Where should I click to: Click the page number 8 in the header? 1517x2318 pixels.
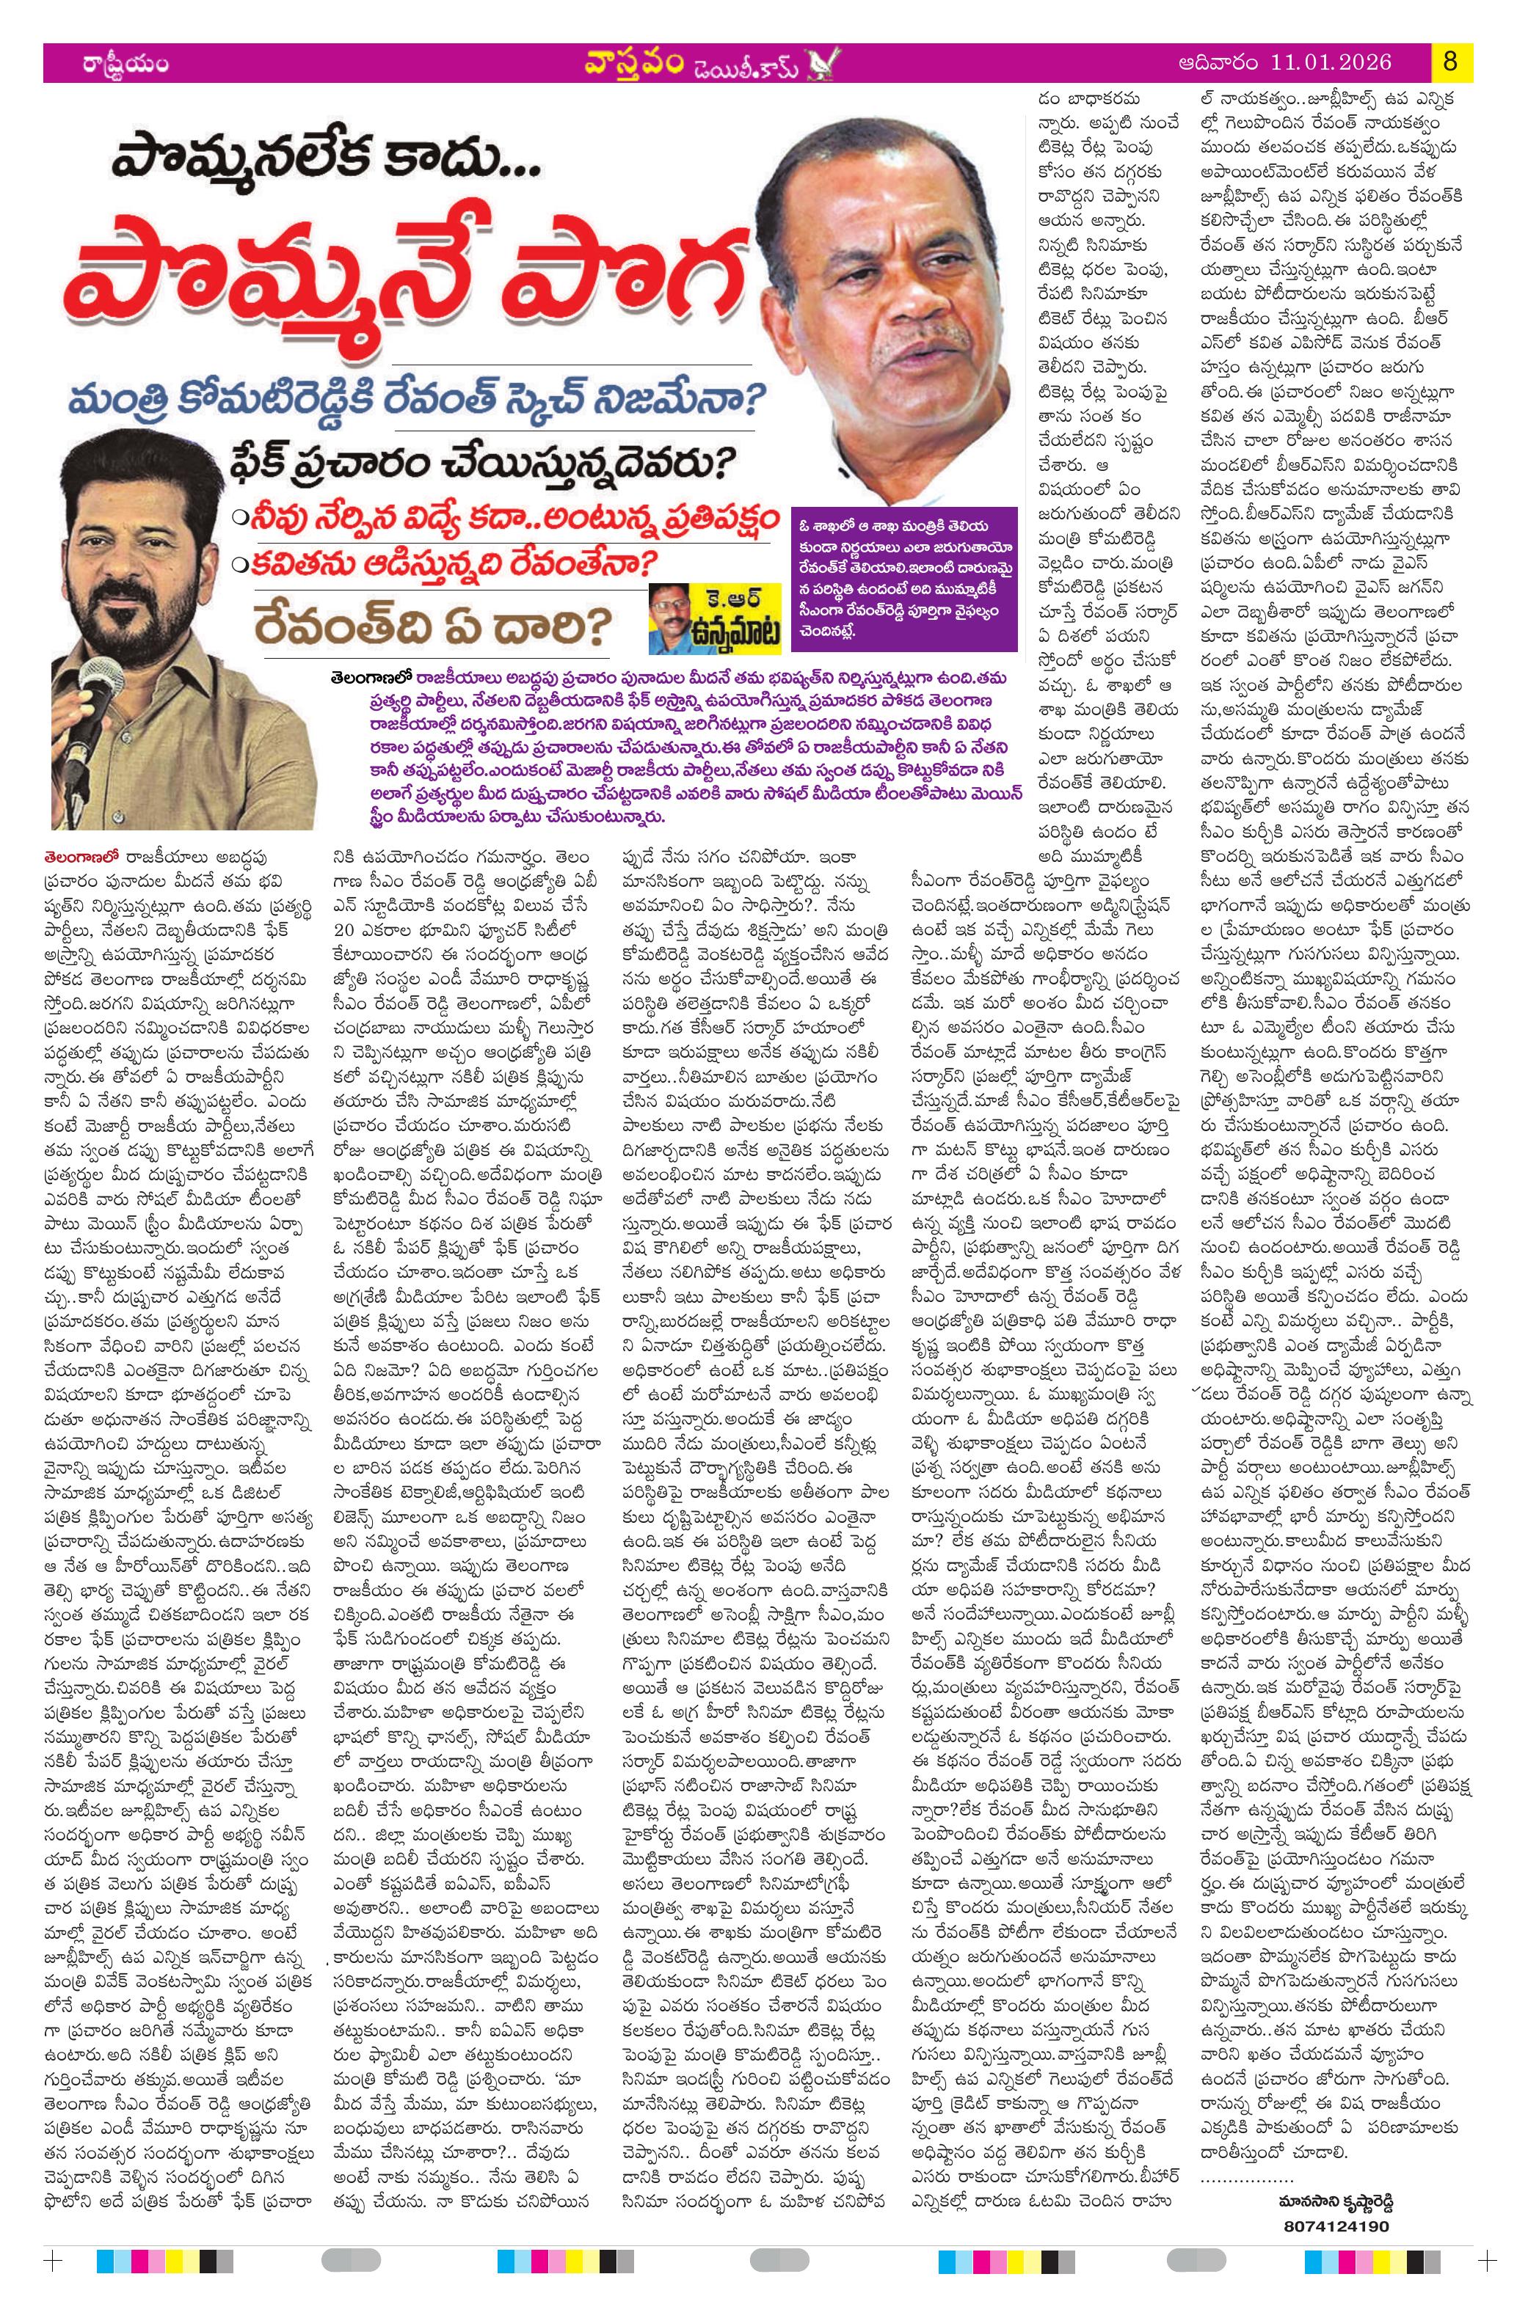point(1449,62)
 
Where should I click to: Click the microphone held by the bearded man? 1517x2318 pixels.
point(98,692)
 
